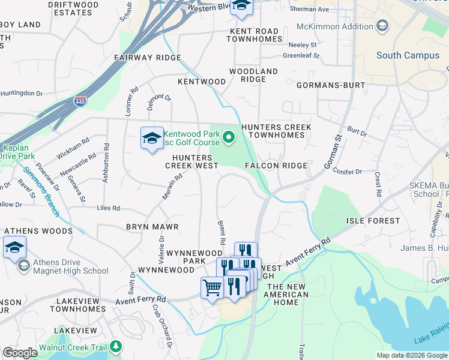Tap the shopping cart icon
[212, 289]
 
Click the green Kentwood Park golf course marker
[228, 139]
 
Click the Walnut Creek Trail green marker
[116, 347]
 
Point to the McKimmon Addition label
[336, 26]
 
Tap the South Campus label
[408, 55]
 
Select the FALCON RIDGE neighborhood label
[276, 165]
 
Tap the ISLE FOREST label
[373, 221]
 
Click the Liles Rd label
[108, 208]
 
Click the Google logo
[20, 353]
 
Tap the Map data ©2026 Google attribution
[412, 355]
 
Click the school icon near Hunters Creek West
[152, 139]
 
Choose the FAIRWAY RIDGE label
[148, 58]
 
